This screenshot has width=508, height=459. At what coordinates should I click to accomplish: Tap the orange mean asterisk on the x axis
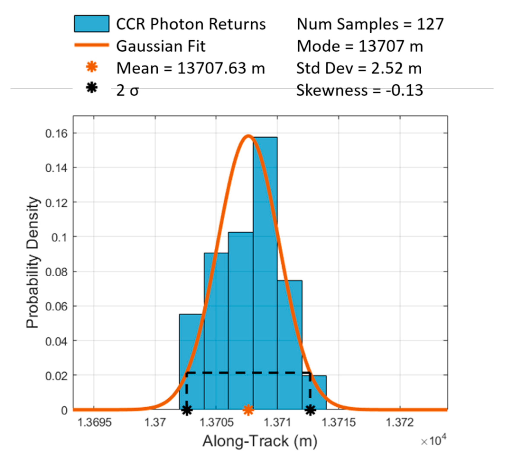click(x=248, y=410)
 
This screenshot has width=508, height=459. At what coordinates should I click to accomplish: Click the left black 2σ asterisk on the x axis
click(x=187, y=410)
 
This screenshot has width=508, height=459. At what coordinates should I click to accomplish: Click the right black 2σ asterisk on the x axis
click(x=310, y=410)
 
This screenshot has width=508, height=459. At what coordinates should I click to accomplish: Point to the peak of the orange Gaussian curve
click(x=248, y=136)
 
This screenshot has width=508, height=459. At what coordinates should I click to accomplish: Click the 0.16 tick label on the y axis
click(x=56, y=133)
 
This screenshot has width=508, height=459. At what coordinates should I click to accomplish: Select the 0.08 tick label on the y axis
click(x=56, y=272)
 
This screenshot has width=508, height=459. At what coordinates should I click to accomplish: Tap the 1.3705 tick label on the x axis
click(x=216, y=423)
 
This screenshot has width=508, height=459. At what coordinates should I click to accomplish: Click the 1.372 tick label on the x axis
click(x=400, y=423)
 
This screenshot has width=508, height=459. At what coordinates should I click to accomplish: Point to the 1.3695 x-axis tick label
click(x=94, y=423)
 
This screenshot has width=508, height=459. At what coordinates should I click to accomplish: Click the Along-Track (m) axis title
click(x=260, y=441)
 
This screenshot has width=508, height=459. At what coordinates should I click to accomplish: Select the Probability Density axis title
click(x=33, y=262)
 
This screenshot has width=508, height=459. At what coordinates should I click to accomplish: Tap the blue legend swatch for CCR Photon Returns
click(x=92, y=24)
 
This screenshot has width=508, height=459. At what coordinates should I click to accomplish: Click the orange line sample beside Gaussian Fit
click(x=92, y=45)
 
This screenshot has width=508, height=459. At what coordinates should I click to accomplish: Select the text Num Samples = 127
click(x=370, y=24)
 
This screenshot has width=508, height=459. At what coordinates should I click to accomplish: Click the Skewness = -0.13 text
click(x=359, y=90)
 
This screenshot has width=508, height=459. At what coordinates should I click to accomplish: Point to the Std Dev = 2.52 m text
click(x=359, y=68)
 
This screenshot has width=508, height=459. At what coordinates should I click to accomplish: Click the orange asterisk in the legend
click(x=92, y=67)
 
